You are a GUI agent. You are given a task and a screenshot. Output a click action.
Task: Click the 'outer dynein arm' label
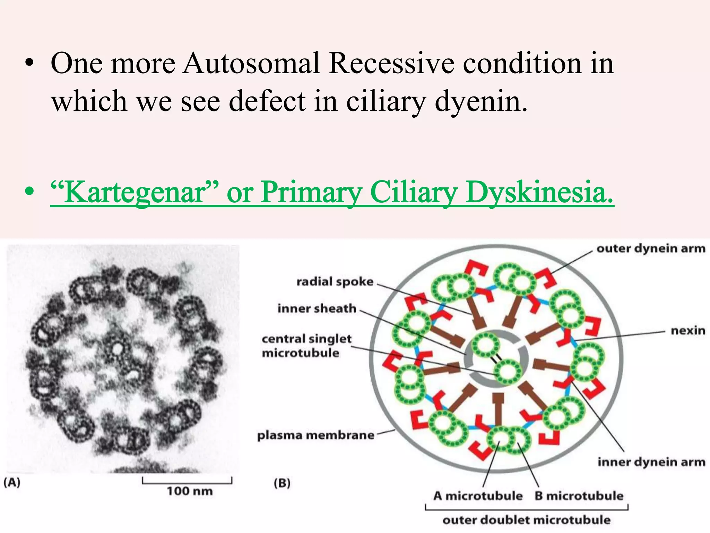pyautogui.click(x=651, y=248)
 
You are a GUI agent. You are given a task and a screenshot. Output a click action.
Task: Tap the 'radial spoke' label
pyautogui.click(x=335, y=281)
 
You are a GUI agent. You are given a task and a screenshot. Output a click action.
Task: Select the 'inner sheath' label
pyautogui.click(x=317, y=308)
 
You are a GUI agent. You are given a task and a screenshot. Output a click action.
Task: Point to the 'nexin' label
pyautogui.click(x=688, y=330)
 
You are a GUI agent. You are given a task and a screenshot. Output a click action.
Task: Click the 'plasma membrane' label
pyautogui.click(x=315, y=435)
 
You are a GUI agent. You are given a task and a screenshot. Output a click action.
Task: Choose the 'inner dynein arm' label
pyautogui.click(x=651, y=462)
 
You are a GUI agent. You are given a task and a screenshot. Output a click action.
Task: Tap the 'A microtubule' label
pyautogui.click(x=478, y=496)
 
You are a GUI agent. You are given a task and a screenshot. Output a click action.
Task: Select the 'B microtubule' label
pyautogui.click(x=579, y=496)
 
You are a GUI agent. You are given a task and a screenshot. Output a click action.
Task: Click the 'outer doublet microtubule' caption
pyautogui.click(x=527, y=520)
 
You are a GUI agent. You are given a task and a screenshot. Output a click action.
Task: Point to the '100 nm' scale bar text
pyautogui.click(x=190, y=491)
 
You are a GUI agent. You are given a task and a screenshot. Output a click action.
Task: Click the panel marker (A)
pyautogui.click(x=12, y=482)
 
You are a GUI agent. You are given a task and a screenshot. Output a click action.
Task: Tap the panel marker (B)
pyautogui.click(x=282, y=483)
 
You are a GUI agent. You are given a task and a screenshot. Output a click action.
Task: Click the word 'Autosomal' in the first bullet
pyautogui.click(x=251, y=64)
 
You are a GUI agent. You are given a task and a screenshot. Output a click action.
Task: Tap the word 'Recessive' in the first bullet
pyautogui.click(x=391, y=64)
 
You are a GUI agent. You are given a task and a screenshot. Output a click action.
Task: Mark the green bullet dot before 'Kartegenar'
pyautogui.click(x=30, y=191)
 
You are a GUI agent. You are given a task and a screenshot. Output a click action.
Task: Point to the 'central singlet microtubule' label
pyautogui.click(x=306, y=346)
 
